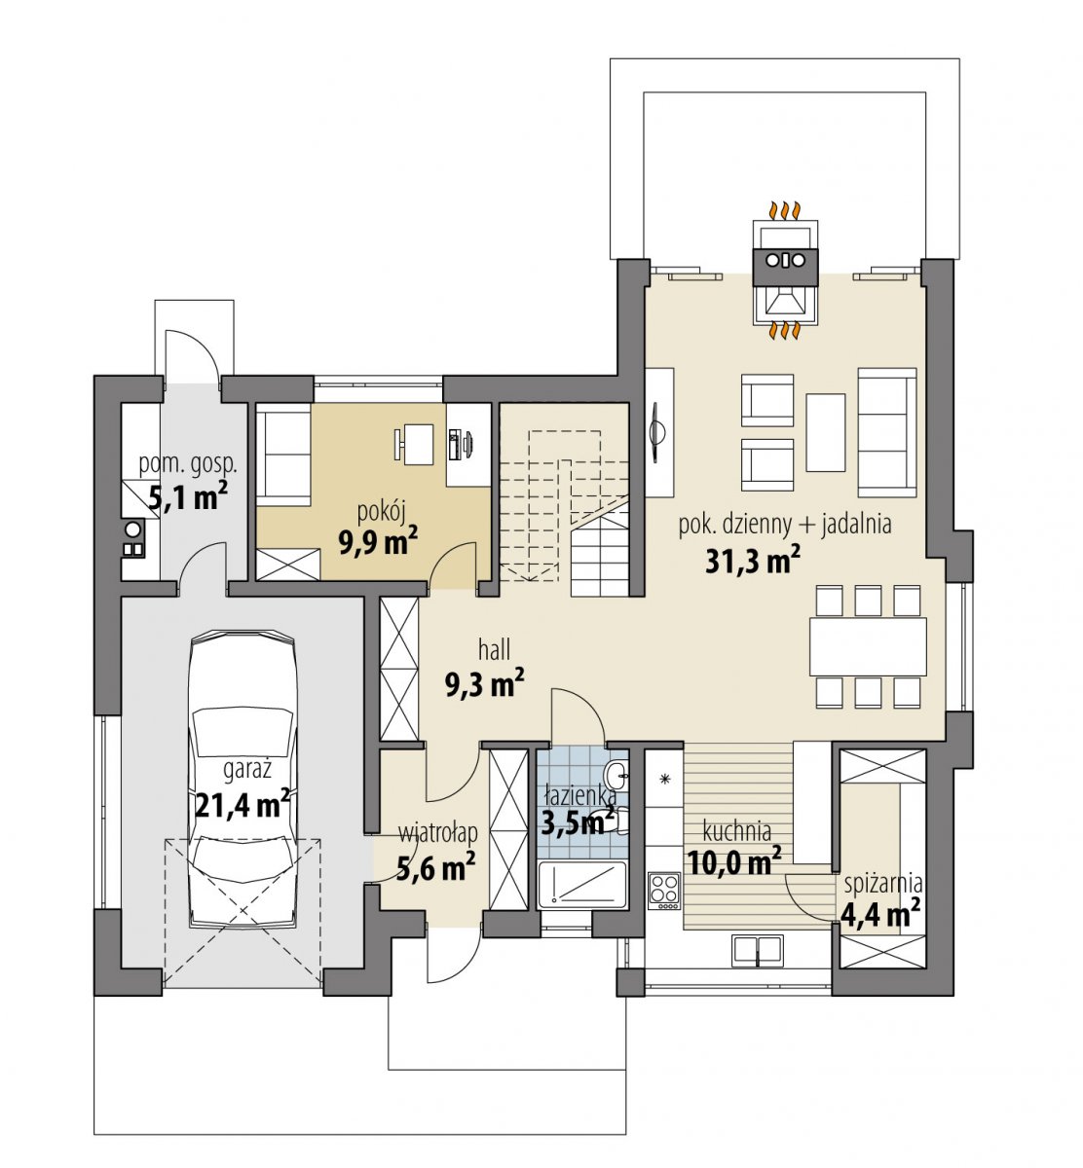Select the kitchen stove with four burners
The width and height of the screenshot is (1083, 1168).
pos(664,892)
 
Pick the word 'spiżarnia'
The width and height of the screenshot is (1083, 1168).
pos(883,883)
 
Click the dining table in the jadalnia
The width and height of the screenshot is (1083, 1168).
pos(868,646)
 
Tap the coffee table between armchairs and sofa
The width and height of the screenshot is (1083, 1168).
pos(826,432)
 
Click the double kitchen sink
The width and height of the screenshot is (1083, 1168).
pos(758,950)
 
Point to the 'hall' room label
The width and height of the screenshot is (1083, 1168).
pos(494,650)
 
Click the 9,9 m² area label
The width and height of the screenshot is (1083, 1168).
pos(378,540)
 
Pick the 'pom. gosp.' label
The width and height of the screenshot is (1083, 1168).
pos(188,464)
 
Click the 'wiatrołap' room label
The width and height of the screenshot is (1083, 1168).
pos(438,833)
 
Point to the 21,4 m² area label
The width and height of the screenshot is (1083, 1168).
pos(242,803)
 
